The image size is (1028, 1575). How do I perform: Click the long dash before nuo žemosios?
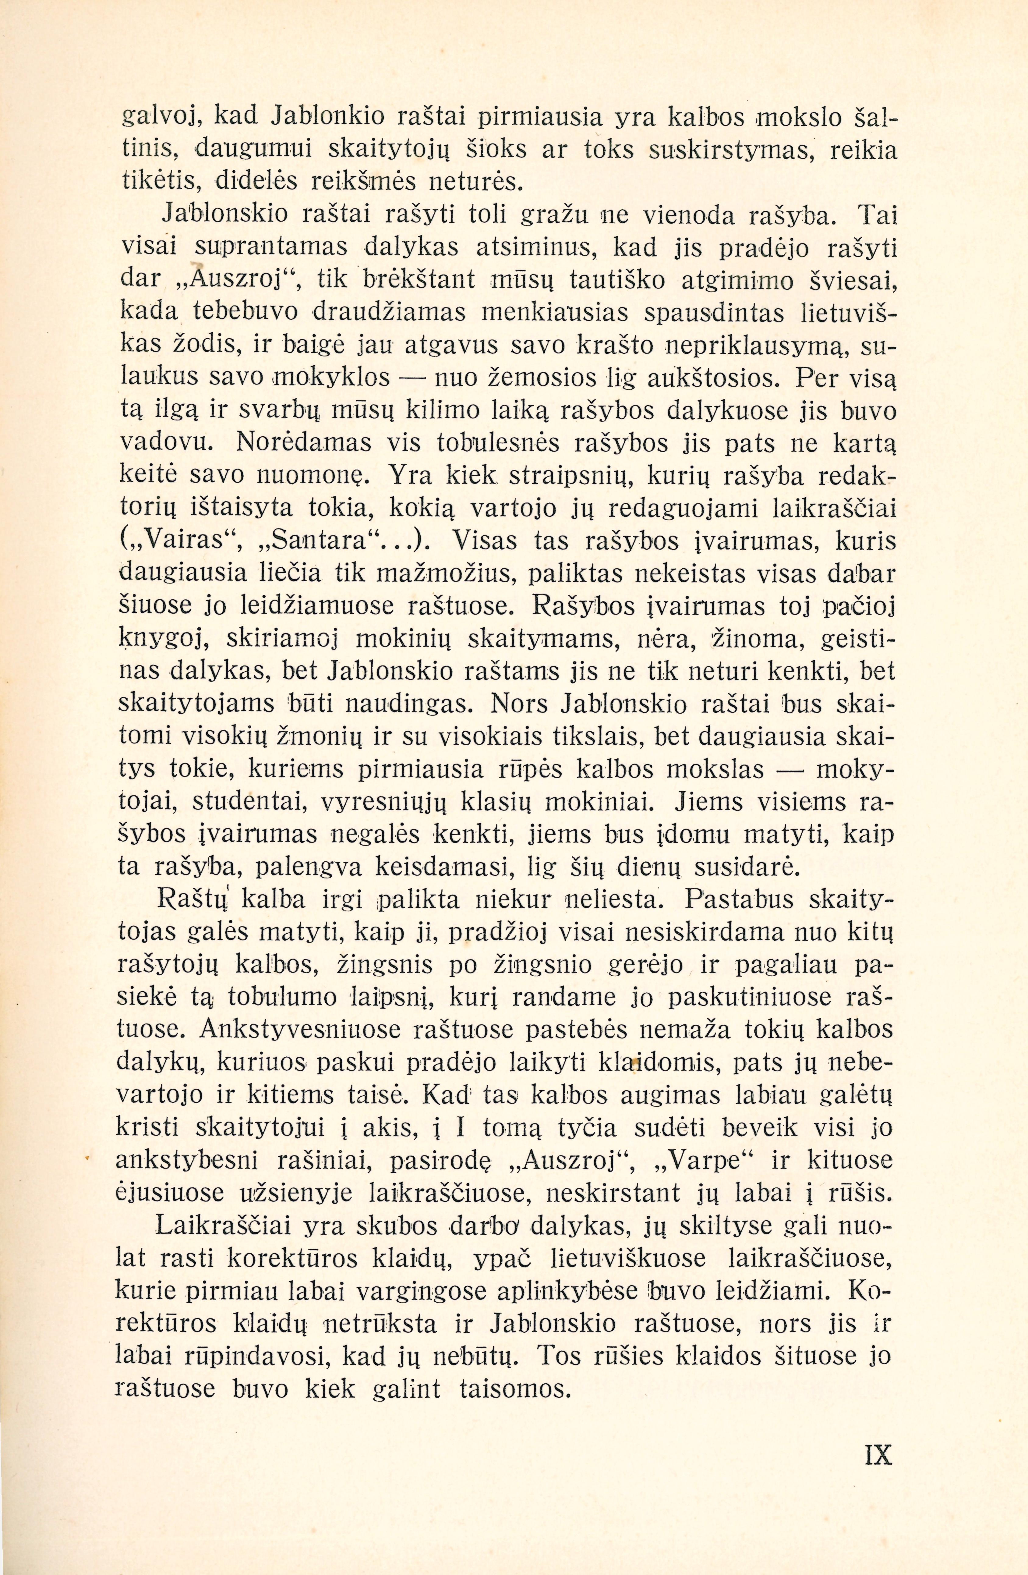(x=414, y=378)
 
